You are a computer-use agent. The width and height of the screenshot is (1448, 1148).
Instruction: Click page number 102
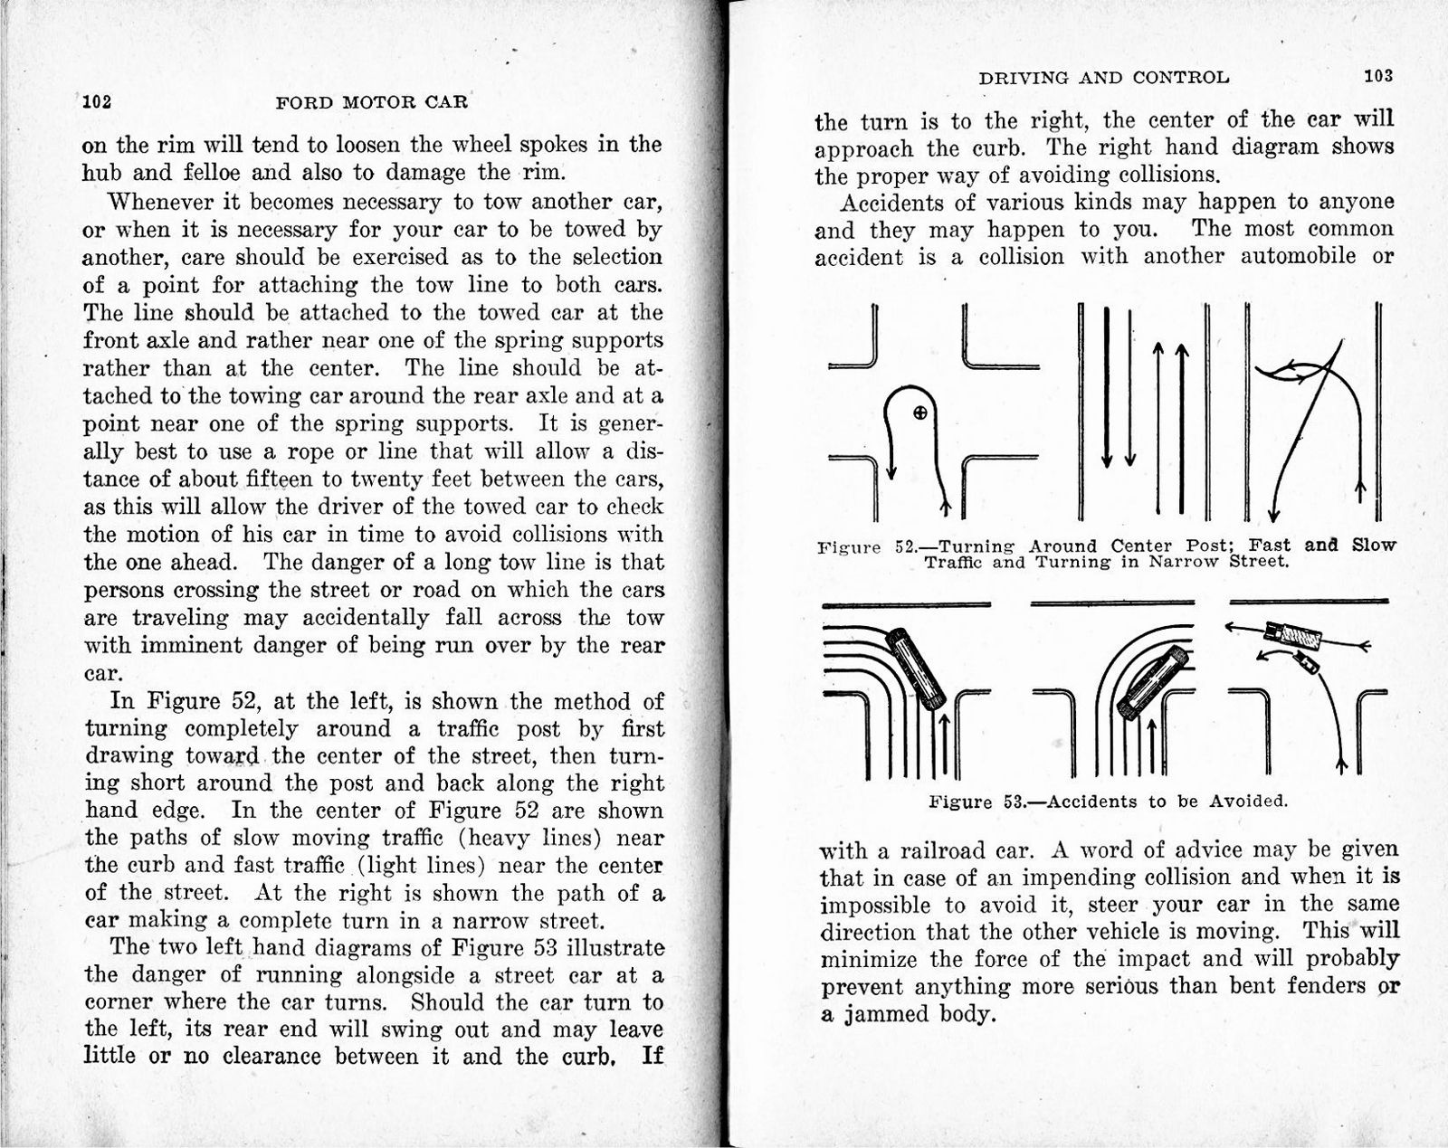click(x=97, y=101)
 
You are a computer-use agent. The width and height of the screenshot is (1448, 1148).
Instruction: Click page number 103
click(x=1378, y=76)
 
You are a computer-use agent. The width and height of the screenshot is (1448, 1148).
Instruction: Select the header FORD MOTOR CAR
click(x=371, y=101)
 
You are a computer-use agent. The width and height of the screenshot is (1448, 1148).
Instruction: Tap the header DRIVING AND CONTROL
click(x=1103, y=78)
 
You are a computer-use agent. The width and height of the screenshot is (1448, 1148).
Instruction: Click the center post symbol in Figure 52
click(x=919, y=413)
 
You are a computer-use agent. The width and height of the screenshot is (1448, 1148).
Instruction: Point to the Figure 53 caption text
click(x=1108, y=802)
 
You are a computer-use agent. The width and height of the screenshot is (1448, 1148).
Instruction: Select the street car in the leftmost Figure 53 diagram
click(x=916, y=668)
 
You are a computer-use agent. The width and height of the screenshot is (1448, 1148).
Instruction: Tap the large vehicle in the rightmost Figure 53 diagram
click(x=1292, y=634)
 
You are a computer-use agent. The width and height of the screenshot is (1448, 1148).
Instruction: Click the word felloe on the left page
click(x=210, y=173)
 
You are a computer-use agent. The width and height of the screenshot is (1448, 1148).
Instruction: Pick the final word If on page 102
click(x=652, y=1056)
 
